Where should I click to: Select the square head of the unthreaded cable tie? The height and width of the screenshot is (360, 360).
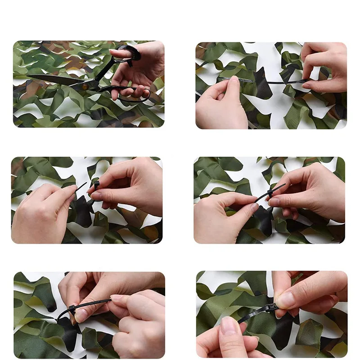(96, 184)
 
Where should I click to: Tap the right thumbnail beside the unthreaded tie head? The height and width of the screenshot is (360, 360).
(96, 196)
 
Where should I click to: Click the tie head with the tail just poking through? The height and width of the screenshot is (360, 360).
(269, 193)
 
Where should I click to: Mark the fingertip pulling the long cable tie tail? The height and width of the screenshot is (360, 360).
(118, 298)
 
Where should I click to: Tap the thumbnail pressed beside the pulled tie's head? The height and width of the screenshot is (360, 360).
(81, 315)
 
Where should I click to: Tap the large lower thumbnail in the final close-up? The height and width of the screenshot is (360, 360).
(229, 325)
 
